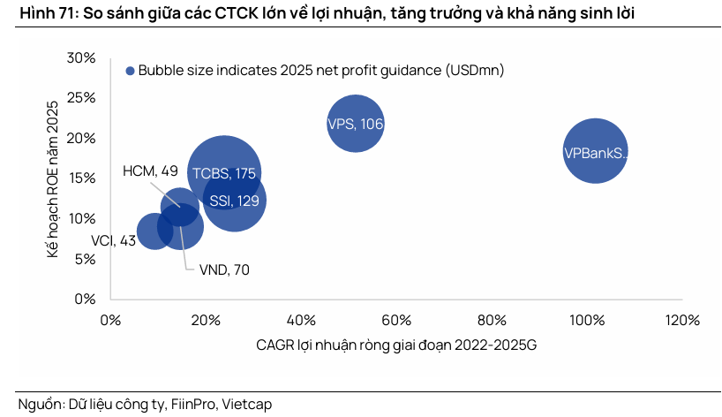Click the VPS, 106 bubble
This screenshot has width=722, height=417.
pos(356,125)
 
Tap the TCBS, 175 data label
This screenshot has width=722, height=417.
pos(224,173)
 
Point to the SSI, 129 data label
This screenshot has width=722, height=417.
pos(235,201)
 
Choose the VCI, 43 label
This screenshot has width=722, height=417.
pos(114,239)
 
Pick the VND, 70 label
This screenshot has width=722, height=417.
pos(224,269)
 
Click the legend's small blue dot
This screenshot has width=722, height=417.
pos(130,71)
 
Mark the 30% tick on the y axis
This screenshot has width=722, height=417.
pos(82,58)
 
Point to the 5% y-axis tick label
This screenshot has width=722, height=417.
pos(85,259)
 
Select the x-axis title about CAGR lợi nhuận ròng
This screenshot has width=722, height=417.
pos(395,345)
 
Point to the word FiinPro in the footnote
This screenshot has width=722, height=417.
pos(191,404)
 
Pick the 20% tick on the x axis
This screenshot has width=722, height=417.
pos(206,319)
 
